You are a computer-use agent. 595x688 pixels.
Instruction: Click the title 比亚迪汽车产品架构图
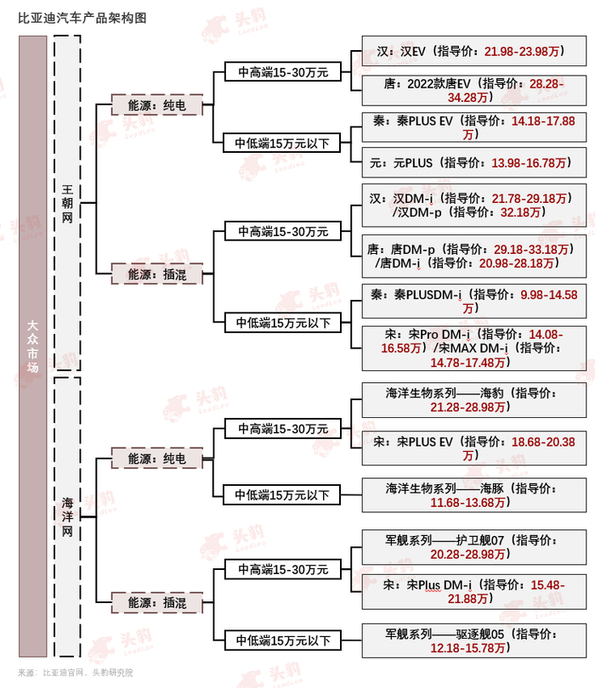coord(76,17)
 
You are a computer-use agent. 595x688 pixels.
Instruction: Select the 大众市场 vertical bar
coord(32,346)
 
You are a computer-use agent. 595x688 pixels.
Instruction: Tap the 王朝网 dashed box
coord(66,203)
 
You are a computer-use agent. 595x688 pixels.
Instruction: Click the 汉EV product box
coord(473,52)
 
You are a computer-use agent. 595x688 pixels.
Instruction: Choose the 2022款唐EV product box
coord(473,91)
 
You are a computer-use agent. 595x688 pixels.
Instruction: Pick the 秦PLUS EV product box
coord(473,128)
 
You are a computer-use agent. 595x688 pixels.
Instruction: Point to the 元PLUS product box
coord(473,162)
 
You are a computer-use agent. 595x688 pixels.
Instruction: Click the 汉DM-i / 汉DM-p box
coord(473,205)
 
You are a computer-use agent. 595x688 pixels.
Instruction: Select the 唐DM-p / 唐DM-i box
coord(473,256)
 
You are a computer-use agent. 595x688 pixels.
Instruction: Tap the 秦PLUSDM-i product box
coord(473,302)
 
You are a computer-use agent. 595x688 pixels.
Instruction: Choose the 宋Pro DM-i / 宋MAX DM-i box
coord(473,347)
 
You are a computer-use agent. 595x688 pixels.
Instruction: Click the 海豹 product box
coord(473,401)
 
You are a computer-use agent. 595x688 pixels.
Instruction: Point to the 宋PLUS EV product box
coord(473,448)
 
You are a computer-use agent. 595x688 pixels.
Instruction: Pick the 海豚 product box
coord(473,496)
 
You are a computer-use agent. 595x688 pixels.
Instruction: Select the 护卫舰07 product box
coord(473,547)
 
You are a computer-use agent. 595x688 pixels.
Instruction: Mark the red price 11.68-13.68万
coord(470,504)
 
